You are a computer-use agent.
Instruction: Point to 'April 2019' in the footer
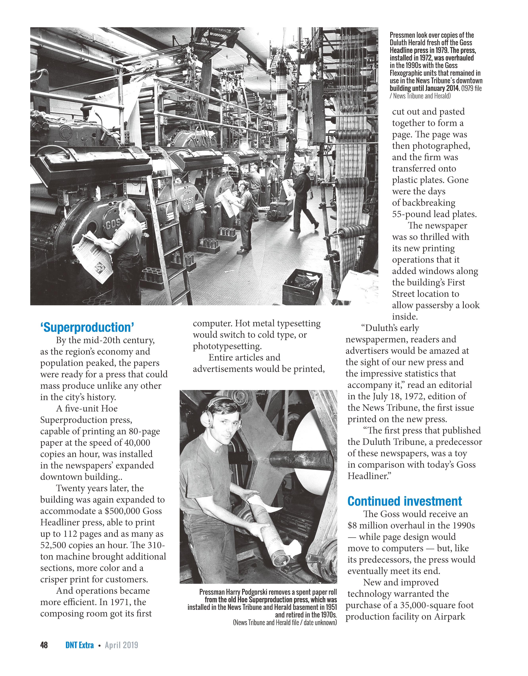pyautogui.click(x=122, y=645)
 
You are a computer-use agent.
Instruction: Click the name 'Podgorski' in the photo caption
pyautogui.click(x=251, y=592)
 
